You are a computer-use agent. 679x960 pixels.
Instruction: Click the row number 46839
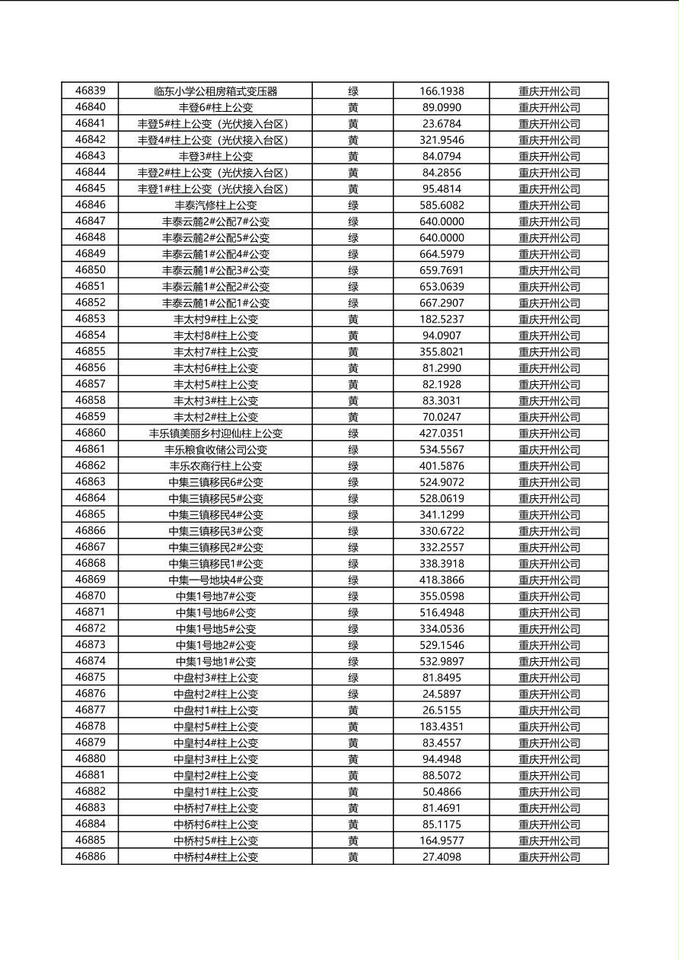click(91, 91)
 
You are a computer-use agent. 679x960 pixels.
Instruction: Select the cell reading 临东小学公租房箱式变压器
click(215, 91)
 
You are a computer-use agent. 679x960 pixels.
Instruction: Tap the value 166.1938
click(442, 91)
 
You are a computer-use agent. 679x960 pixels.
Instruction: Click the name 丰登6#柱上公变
click(215, 107)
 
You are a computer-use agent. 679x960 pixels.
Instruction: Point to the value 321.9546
click(442, 140)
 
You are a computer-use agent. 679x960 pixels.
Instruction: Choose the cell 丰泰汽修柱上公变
click(215, 205)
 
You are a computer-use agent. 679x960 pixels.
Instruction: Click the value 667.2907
click(442, 303)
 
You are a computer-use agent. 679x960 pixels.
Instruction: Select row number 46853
click(91, 319)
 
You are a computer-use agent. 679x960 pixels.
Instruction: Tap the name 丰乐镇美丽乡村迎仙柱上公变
click(215, 433)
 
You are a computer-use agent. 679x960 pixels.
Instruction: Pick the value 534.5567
click(442, 450)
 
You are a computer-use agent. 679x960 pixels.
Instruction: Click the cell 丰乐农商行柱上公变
click(215, 466)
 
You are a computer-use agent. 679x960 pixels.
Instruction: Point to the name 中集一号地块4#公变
click(215, 580)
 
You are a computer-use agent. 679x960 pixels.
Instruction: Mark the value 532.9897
click(442, 661)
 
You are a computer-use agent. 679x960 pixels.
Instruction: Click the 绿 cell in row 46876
click(353, 694)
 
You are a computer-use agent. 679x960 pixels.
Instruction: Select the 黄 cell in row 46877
click(353, 710)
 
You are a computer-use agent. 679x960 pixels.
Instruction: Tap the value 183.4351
click(442, 726)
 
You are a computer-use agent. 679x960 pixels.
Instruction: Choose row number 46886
click(91, 857)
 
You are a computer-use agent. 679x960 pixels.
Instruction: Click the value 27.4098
click(442, 857)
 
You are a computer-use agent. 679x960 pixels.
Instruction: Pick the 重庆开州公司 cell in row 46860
click(549, 433)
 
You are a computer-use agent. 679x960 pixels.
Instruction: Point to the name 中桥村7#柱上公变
click(215, 808)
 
